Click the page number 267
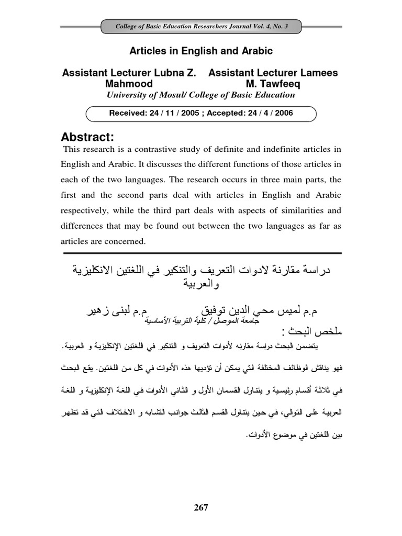(201, 508)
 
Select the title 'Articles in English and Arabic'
(200, 51)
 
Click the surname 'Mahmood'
(129, 84)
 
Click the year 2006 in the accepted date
(283, 113)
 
